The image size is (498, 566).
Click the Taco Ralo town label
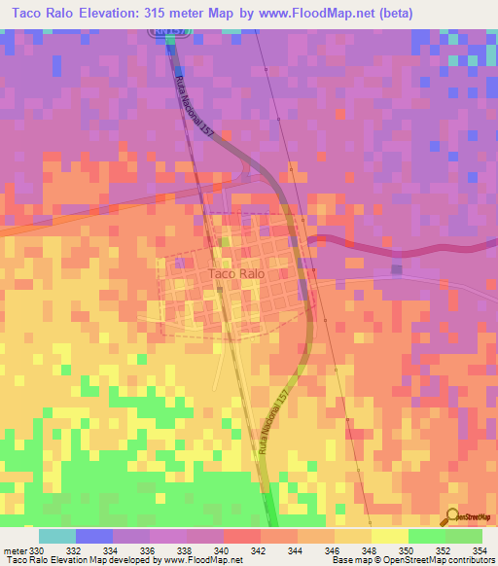tap(235, 274)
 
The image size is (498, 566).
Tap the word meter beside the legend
tap(15, 551)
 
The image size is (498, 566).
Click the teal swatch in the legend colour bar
tap(57, 536)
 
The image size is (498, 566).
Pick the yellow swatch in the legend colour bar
tap(390, 536)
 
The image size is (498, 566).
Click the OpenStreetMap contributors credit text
tap(448, 561)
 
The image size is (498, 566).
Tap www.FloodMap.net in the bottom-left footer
tap(202, 561)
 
